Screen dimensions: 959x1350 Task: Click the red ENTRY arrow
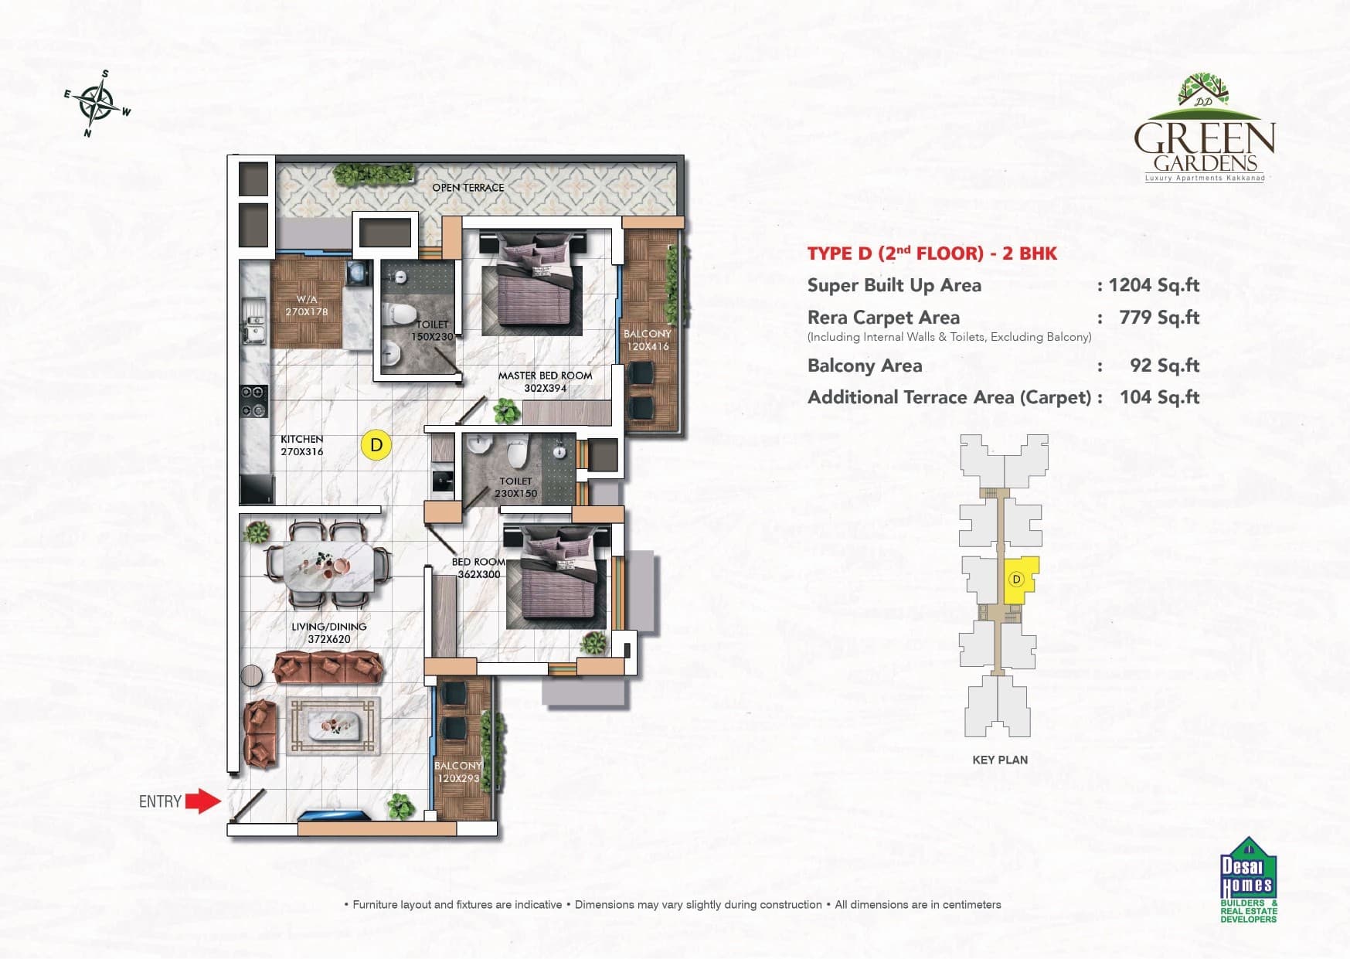203,801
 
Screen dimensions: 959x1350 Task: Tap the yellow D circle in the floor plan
376,445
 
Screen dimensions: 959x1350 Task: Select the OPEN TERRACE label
468,188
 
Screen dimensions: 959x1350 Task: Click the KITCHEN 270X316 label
301,445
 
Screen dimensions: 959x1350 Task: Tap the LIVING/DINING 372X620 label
329,633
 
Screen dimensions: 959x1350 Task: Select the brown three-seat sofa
328,668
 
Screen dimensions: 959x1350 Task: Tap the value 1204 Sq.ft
1153,285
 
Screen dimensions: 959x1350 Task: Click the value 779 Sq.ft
1158,318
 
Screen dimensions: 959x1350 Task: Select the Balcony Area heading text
864,366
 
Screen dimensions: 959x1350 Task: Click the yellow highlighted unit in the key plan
1018,580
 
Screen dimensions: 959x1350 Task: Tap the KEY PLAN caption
999,760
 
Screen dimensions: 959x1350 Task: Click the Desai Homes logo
1248,881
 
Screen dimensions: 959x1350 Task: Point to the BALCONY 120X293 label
458,772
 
